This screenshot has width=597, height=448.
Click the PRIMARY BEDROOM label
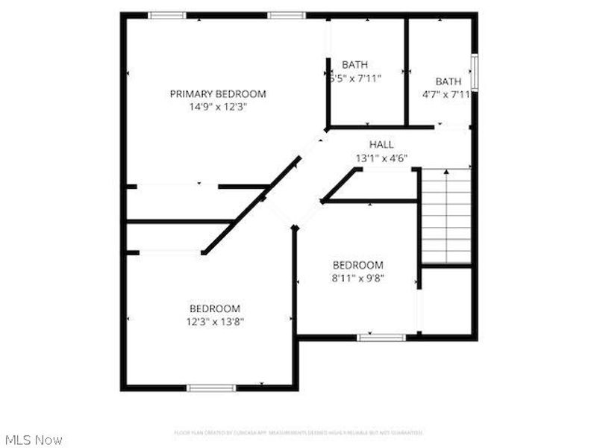218,94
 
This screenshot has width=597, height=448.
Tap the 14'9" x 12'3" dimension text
218,107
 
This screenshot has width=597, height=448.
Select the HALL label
381,144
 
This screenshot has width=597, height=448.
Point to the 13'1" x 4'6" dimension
381,158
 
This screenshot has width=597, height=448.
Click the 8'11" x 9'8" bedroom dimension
358,279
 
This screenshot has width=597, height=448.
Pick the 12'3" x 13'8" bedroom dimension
215,322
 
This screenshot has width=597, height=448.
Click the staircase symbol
447,217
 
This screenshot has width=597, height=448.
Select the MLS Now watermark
34,440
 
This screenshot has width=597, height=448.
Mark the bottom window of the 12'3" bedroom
211,388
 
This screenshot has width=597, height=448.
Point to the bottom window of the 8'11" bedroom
381,337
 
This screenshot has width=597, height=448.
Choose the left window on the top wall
167,15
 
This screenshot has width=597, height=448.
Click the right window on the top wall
287,15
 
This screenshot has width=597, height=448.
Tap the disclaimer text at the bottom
298,432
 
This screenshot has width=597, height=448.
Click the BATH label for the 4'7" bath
448,81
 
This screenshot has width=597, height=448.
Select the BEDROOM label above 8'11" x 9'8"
358,265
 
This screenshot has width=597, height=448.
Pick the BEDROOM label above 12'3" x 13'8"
215,308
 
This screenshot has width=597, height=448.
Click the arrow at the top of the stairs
446,173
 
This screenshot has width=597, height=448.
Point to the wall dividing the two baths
406,71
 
